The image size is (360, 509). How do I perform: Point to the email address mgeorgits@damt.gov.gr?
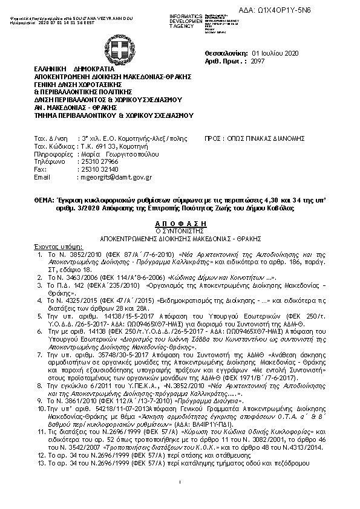tap(116, 178)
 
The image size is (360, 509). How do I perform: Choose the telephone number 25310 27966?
tap(99, 162)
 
